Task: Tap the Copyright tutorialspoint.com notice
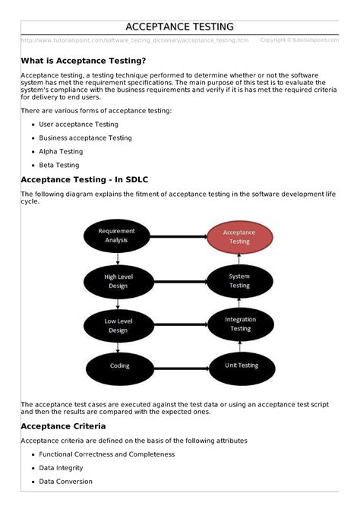coord(298,40)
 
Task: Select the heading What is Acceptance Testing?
coord(84,60)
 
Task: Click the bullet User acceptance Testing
coord(78,124)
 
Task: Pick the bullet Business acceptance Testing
coord(85,138)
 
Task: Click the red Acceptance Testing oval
coord(239,236)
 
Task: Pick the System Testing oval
coord(239,281)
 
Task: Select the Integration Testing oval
coord(239,324)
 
